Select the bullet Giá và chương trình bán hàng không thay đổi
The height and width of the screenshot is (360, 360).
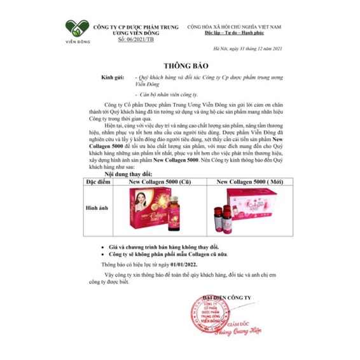click(174, 245)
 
